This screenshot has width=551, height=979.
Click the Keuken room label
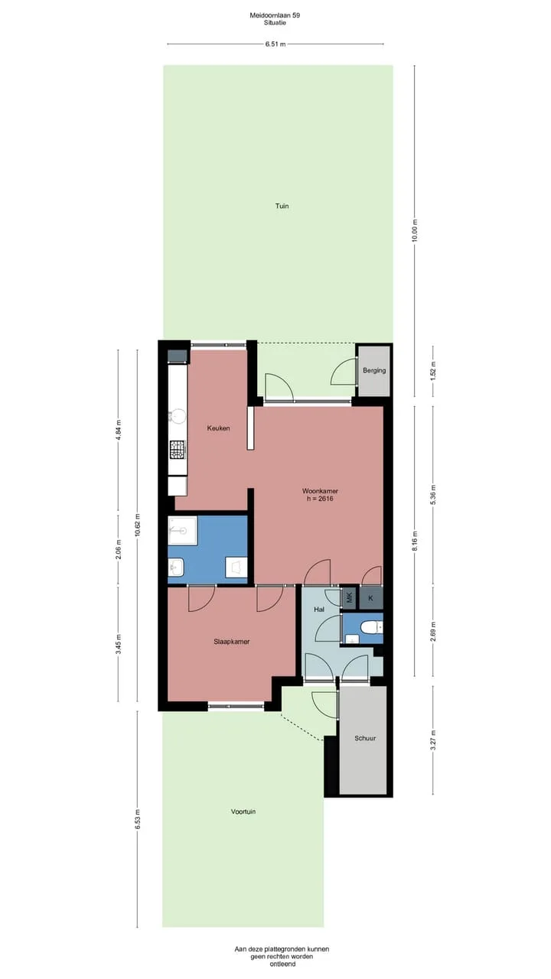click(x=218, y=428)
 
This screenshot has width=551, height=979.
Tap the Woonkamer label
click(x=320, y=491)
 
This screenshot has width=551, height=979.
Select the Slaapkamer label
click(x=232, y=642)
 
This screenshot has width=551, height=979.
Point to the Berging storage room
click(x=374, y=370)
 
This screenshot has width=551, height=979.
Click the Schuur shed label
click(x=365, y=738)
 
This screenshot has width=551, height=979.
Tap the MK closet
click(x=350, y=597)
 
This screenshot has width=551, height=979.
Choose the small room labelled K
click(x=371, y=598)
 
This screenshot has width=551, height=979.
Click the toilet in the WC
click(x=371, y=628)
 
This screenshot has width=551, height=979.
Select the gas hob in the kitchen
click(x=178, y=449)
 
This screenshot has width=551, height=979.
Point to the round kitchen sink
click(x=178, y=416)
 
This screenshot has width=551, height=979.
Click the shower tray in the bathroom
click(x=183, y=530)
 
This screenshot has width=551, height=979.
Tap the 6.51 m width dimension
click(x=275, y=44)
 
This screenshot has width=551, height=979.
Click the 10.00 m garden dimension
click(x=415, y=230)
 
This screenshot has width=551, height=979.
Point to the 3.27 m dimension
click(x=433, y=740)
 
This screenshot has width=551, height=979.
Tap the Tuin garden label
click(x=282, y=206)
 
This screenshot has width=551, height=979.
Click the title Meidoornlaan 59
click(x=275, y=15)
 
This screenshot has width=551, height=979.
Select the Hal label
click(x=319, y=610)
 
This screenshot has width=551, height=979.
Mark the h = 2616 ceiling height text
click(x=320, y=498)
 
